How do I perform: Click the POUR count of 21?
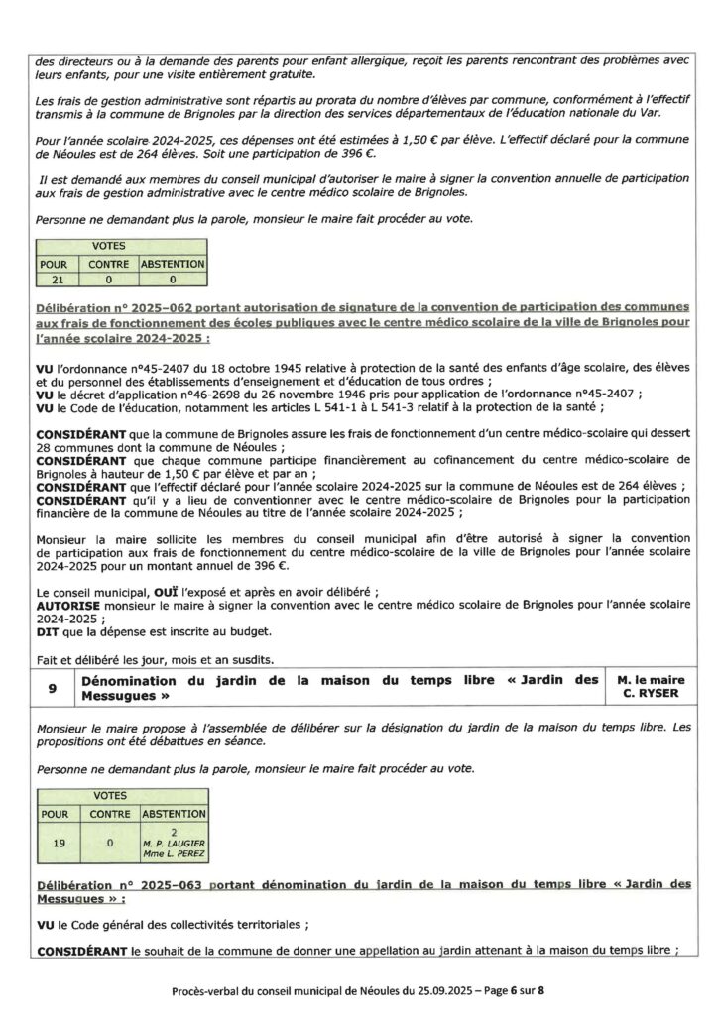(x=54, y=281)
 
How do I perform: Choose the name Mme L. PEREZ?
(x=174, y=855)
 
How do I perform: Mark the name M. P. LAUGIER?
(x=174, y=844)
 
